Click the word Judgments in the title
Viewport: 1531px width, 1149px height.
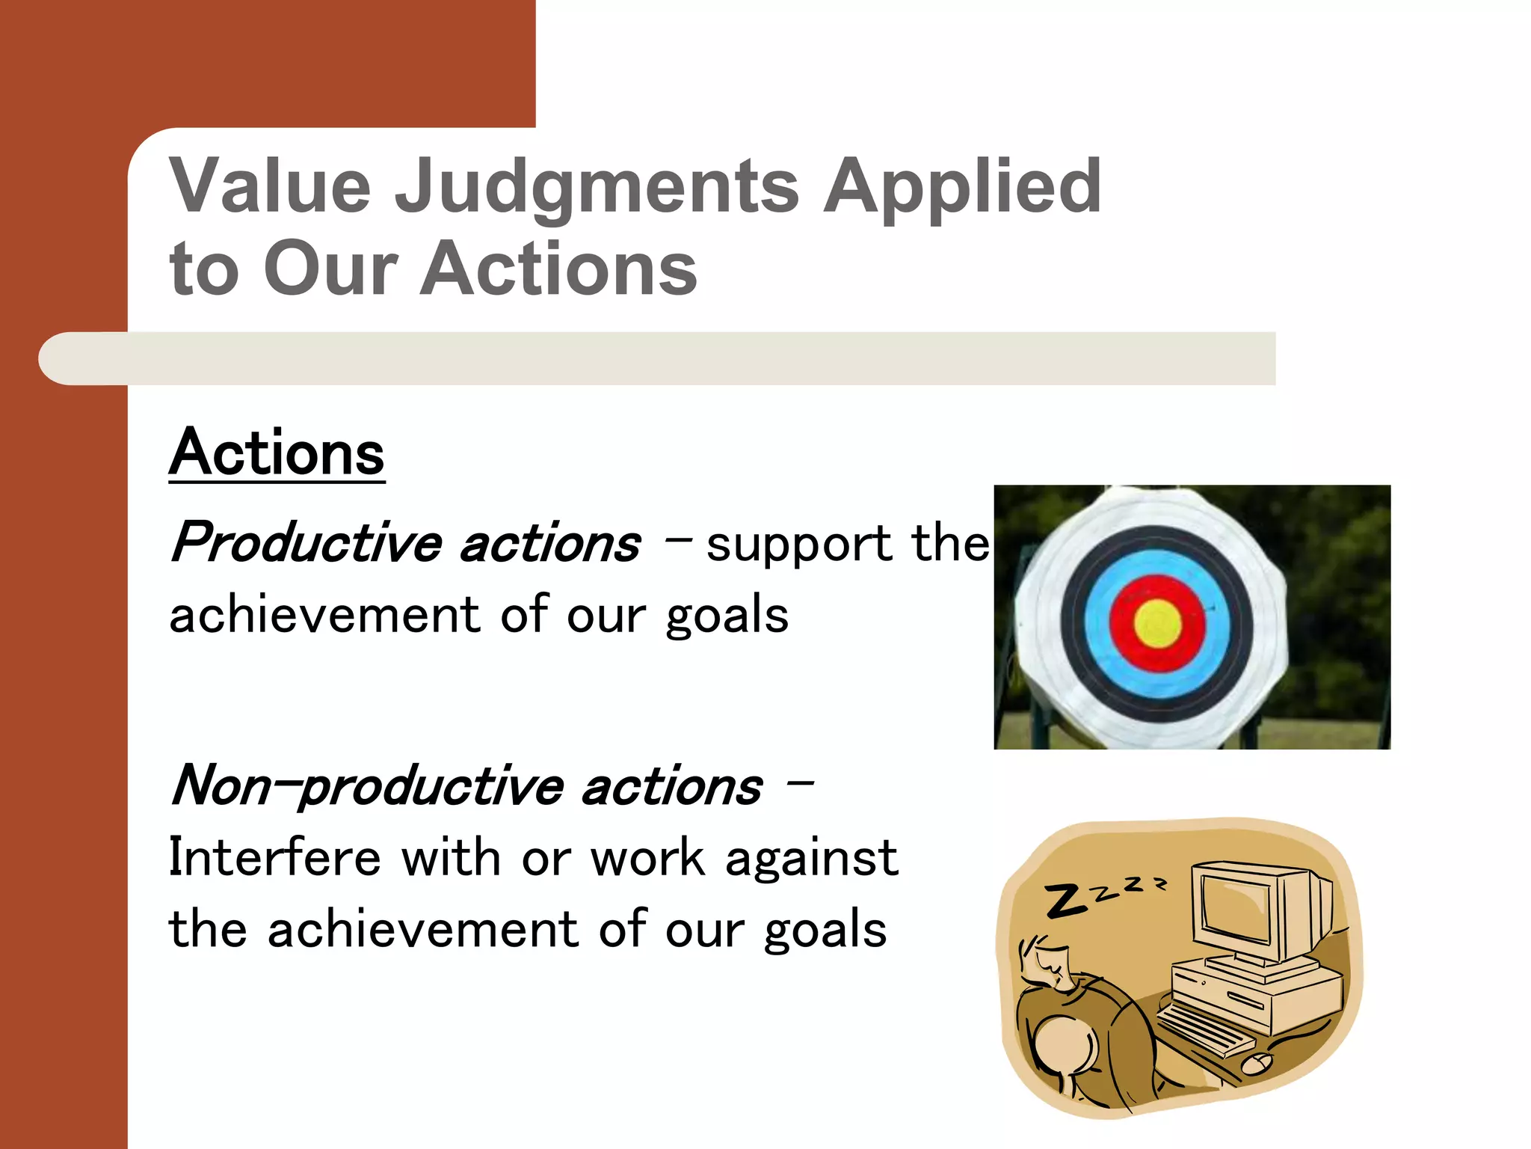[597, 187]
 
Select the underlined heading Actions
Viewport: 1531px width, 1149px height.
[277, 453]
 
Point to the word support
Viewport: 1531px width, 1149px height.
[798, 545]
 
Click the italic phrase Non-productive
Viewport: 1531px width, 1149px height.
[367, 786]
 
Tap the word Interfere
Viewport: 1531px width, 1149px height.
[274, 857]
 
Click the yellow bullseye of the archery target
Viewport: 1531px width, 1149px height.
[1158, 623]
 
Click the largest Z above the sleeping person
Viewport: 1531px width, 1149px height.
[1065, 900]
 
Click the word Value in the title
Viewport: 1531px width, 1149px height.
[270, 187]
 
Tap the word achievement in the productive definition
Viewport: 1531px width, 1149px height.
[324, 615]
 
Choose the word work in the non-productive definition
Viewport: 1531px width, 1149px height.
[647, 857]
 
